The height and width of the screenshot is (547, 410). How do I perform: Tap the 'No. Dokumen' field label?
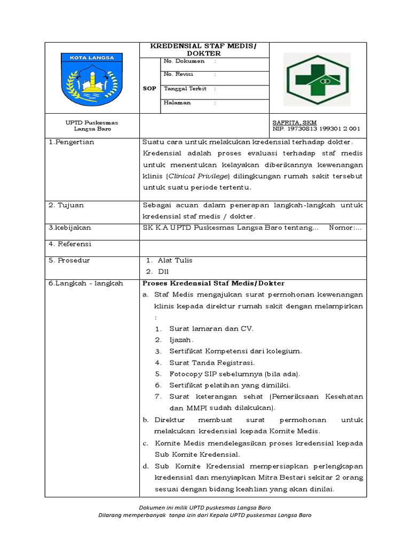coord(184,61)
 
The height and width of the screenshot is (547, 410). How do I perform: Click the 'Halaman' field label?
coord(177,103)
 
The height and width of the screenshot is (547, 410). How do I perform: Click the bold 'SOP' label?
coord(149,89)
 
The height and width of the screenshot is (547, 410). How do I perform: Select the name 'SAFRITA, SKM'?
coord(294,122)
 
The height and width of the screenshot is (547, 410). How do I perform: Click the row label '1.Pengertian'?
coord(72,142)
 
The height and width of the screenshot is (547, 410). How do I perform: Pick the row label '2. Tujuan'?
coord(66,205)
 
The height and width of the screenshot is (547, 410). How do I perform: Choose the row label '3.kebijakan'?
coord(70,228)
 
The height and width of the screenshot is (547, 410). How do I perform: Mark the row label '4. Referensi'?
coord(70,244)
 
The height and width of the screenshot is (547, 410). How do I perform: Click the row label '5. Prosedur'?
coord(69,261)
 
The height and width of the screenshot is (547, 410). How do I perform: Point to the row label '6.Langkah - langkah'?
coord(86,283)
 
